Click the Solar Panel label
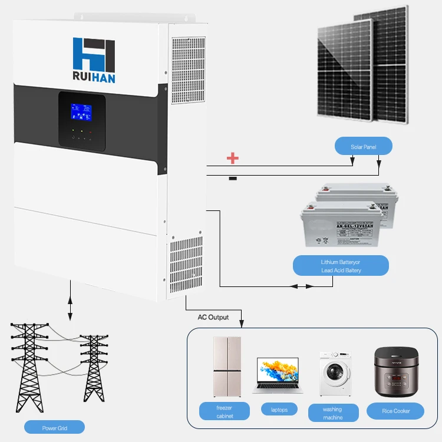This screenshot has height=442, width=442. coord(363,146)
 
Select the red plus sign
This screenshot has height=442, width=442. coord(233,158)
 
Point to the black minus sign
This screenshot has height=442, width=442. coord(233,177)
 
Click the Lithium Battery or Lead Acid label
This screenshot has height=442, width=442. coord(341,265)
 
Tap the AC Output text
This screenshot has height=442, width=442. coord(213,317)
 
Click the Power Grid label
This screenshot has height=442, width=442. coord(55,427)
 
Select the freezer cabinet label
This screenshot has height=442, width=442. coord(225,411)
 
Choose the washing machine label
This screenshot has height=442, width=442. coord(333,413)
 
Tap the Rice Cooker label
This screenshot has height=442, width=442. coord(395,411)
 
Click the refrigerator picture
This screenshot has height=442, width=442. coord(227,367)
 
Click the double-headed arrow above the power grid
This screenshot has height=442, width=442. coord(71,301)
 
